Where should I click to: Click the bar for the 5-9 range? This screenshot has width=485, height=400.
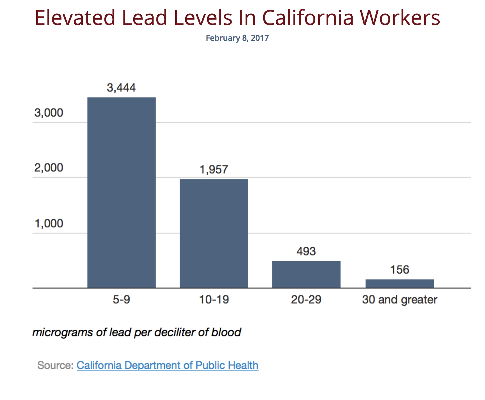pyautogui.click(x=121, y=192)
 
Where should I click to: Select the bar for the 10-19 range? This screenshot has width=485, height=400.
pyautogui.click(x=214, y=233)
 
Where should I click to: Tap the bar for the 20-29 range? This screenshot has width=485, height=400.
pyautogui.click(x=306, y=274)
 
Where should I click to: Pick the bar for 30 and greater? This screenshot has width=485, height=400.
pyautogui.click(x=400, y=283)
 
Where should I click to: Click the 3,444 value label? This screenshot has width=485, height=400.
pyautogui.click(x=121, y=88)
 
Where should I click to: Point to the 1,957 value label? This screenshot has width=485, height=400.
pyautogui.click(x=214, y=170)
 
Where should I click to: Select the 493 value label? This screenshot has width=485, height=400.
pyautogui.click(x=306, y=251)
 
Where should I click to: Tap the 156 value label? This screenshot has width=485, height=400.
pyautogui.click(x=400, y=270)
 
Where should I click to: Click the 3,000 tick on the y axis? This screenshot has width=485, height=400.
pyautogui.click(x=49, y=113)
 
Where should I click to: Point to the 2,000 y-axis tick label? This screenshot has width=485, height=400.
pyautogui.click(x=49, y=168)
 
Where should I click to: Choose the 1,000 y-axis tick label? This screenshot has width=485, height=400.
pyautogui.click(x=49, y=224)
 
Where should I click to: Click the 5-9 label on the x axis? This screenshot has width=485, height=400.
pyautogui.click(x=121, y=300)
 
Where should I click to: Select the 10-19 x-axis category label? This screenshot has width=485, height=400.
pyautogui.click(x=214, y=300)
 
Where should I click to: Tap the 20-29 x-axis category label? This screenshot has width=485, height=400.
pyautogui.click(x=306, y=300)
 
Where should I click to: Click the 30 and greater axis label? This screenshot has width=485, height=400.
pyautogui.click(x=400, y=300)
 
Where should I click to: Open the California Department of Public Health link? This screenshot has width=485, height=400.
pyautogui.click(x=167, y=365)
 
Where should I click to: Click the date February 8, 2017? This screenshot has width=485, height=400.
pyautogui.click(x=237, y=38)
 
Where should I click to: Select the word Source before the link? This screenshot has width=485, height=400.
pyautogui.click(x=54, y=365)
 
